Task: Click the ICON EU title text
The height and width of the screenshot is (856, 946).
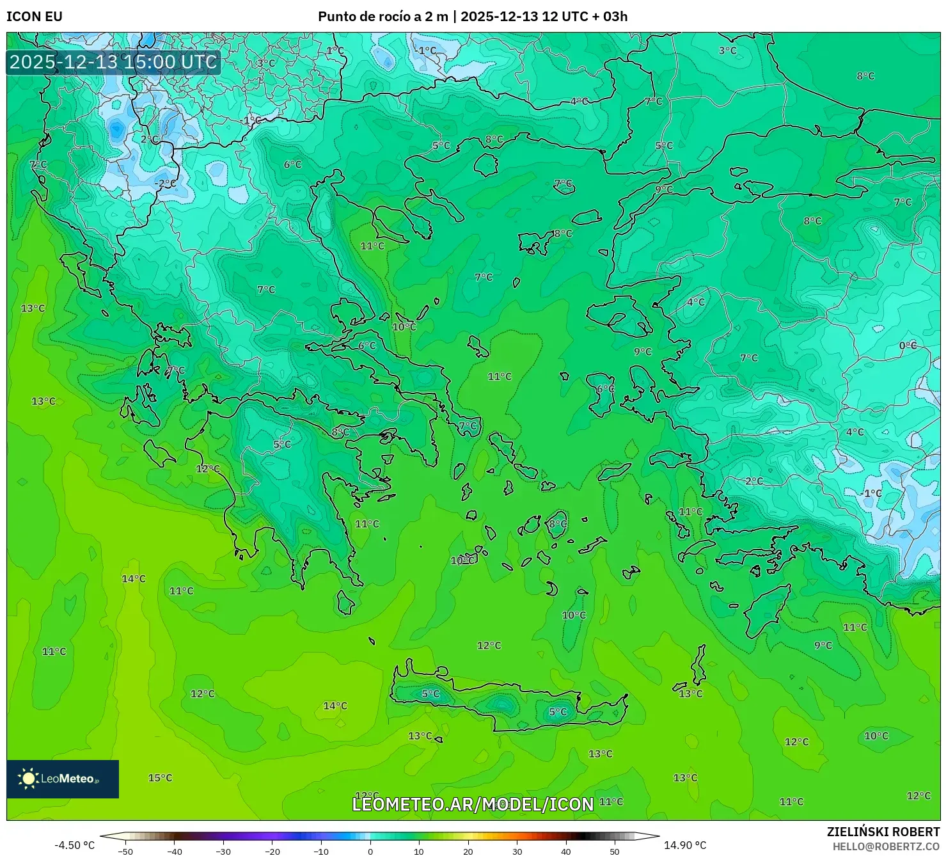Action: pyautogui.click(x=35, y=17)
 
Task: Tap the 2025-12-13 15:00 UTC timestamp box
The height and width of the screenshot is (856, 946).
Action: pyautogui.click(x=113, y=62)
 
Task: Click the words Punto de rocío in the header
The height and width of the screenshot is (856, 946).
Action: pyautogui.click(x=361, y=17)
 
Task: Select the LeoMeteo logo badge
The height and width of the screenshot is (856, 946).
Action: pyautogui.click(x=63, y=779)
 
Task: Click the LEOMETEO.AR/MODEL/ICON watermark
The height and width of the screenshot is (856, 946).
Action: pyautogui.click(x=473, y=804)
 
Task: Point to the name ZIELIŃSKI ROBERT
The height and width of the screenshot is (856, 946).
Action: pyautogui.click(x=883, y=832)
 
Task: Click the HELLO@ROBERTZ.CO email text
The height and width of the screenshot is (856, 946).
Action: pyautogui.click(x=886, y=846)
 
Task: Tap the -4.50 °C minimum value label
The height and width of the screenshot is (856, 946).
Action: pyautogui.click(x=74, y=845)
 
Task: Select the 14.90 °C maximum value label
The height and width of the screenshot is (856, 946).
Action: pyautogui.click(x=685, y=845)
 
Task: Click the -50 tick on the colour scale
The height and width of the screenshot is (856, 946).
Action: pyautogui.click(x=125, y=851)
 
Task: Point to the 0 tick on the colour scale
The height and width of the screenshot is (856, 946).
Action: pyautogui.click(x=370, y=851)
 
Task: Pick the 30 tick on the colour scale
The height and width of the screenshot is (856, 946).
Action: pyautogui.click(x=517, y=851)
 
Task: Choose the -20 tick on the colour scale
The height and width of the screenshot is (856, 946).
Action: pyautogui.click(x=272, y=851)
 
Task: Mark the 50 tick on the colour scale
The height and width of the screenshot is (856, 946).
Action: pyautogui.click(x=615, y=851)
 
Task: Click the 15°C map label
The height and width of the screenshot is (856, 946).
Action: pyautogui.click(x=160, y=778)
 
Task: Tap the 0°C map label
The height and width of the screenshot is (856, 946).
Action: pyautogui.click(x=908, y=345)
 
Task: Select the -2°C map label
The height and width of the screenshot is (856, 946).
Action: pyautogui.click(x=165, y=183)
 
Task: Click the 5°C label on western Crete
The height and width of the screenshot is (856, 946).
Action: pyautogui.click(x=430, y=694)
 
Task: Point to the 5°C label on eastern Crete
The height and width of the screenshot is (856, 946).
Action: pyautogui.click(x=558, y=711)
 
